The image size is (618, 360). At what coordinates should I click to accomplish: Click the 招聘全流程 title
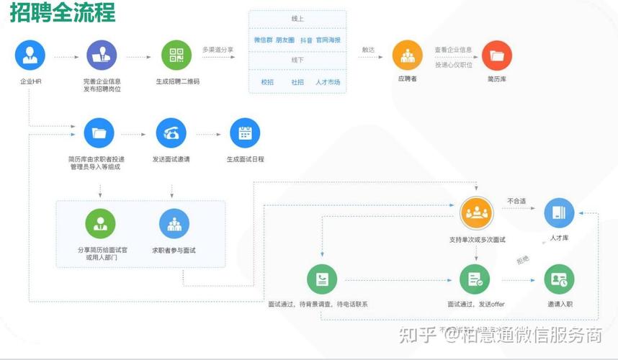pos(62,13)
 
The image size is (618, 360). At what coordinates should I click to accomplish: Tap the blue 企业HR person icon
pos(30,55)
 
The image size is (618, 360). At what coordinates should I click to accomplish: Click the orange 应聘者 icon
pos(407,55)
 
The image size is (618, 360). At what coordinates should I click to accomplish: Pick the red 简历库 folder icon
pos(496,55)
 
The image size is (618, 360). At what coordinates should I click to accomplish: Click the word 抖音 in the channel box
pos(306,40)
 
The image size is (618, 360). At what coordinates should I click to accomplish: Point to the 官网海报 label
pos(328,40)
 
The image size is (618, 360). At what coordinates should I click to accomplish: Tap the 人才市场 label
pos(328,82)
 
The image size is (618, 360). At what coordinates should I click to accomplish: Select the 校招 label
pos(267,82)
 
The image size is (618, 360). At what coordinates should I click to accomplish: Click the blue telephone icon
pos(171,133)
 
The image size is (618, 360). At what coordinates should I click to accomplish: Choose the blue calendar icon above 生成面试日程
pos(245,133)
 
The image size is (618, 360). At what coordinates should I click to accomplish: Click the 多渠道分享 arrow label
pos(218,49)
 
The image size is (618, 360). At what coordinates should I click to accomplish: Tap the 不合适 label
pos(516,201)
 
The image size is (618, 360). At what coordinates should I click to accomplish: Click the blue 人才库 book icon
pos(559,213)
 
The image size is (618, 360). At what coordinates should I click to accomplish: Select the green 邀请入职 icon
pos(559,279)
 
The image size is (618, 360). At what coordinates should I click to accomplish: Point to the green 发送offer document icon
pos(475,279)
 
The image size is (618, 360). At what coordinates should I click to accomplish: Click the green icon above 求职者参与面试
pos(174,224)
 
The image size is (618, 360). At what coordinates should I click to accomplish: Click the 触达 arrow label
pos(368,50)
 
